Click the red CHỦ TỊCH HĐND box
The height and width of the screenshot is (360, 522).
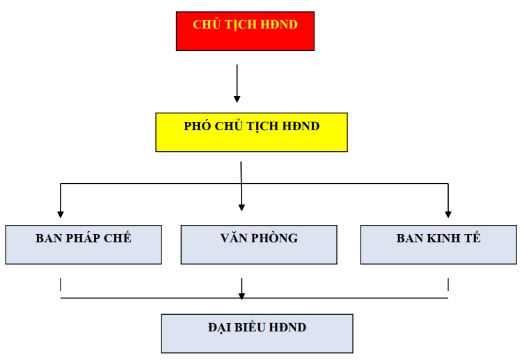pyautogui.click(x=245, y=31)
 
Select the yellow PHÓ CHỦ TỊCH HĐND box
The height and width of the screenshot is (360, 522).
pyautogui.click(x=252, y=132)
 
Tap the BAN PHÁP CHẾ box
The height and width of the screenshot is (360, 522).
pyautogui.click(x=84, y=245)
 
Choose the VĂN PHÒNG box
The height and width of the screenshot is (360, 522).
pyautogui.click(x=259, y=245)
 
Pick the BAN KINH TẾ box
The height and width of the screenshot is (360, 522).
pyautogui.click(x=438, y=245)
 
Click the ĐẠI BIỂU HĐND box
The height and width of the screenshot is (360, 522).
pyautogui.click(x=257, y=334)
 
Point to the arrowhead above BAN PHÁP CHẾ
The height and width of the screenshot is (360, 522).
pyautogui.click(x=61, y=214)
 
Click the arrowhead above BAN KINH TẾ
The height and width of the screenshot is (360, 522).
pyautogui.click(x=448, y=214)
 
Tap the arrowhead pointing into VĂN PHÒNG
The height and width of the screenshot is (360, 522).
pyautogui.click(x=242, y=207)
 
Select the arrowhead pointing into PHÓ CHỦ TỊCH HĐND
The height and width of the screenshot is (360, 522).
pyautogui.click(x=237, y=99)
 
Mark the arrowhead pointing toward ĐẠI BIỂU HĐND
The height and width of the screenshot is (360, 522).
pyautogui.click(x=242, y=296)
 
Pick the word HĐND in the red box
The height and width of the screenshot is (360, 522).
pyautogui.click(x=279, y=24)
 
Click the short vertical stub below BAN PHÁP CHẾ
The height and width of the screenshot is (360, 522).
pyautogui.click(x=61, y=284)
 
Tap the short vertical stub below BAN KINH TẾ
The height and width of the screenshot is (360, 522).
pyautogui.click(x=448, y=284)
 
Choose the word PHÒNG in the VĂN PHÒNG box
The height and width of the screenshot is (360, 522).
pyautogui.click(x=274, y=237)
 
